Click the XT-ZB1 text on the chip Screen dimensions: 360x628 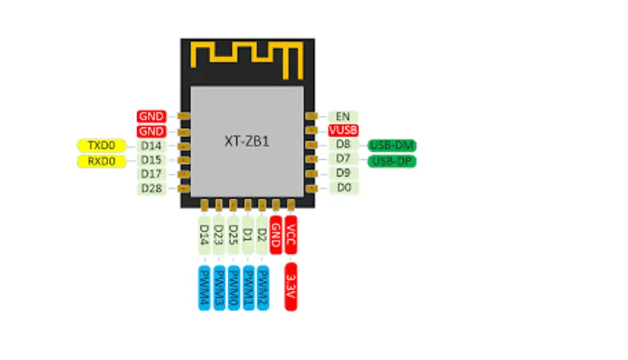(x=246, y=141)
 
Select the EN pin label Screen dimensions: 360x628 (x=342, y=116)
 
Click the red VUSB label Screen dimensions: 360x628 (x=343, y=130)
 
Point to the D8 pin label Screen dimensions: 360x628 (x=342, y=145)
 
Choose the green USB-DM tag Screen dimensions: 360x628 (x=392, y=146)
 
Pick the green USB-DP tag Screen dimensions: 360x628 (x=392, y=161)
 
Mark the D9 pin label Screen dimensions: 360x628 (x=342, y=173)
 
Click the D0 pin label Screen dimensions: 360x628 (x=342, y=187)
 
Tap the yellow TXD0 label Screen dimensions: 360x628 (x=101, y=146)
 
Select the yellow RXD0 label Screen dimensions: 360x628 (x=101, y=161)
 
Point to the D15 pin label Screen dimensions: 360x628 (x=151, y=160)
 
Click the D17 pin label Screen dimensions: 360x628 (x=151, y=174)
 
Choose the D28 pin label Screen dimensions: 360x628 (x=151, y=188)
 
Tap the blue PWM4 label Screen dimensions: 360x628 (x=204, y=286)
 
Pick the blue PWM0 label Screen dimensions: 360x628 (x=233, y=286)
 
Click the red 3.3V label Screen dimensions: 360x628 (x=291, y=286)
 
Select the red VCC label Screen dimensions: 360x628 (x=291, y=234)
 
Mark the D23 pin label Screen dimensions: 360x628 (x=219, y=234)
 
